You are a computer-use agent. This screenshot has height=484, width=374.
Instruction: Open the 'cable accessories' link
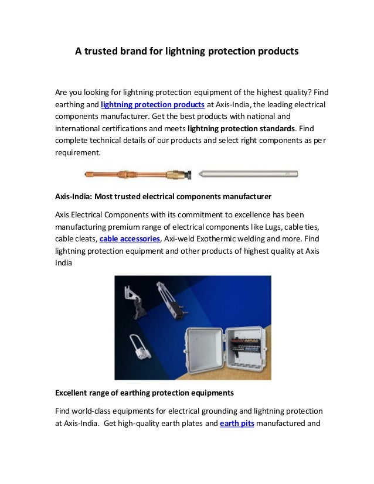point(130,239)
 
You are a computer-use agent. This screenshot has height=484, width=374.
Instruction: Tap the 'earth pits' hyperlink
point(236,424)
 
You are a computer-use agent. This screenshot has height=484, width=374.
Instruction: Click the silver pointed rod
point(249,173)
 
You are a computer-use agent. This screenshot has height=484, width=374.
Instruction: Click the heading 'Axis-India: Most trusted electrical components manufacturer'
point(163,194)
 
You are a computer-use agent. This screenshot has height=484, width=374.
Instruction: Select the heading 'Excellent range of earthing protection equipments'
point(144,393)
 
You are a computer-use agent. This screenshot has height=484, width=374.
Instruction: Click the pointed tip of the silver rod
point(200,173)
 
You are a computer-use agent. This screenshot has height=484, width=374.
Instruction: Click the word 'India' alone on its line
point(63,264)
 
